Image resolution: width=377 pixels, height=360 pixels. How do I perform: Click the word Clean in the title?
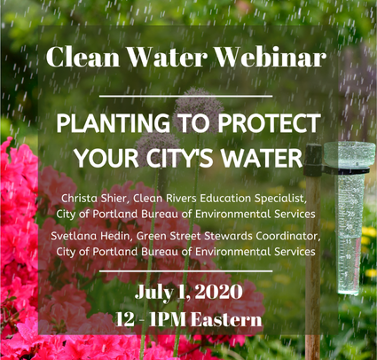click(83, 57)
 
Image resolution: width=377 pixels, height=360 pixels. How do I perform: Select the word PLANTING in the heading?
click(114, 123)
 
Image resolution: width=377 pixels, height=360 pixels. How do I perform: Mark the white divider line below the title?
click(185, 96)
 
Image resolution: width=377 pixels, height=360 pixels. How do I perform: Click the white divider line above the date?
click(185, 270)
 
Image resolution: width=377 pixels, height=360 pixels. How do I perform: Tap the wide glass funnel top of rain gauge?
click(350, 154)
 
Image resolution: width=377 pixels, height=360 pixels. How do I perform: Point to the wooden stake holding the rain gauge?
click(313, 251)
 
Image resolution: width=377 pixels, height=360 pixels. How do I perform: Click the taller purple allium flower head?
click(199, 105)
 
